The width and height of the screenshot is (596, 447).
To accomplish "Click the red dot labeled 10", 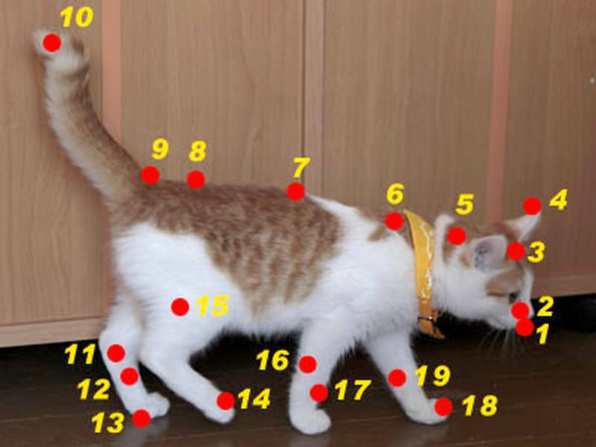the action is coord(51,42).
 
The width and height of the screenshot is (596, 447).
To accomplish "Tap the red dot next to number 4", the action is coord(532,206).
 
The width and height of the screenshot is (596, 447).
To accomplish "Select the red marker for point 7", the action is coord(295,191).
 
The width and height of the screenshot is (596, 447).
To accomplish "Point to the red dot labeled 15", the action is coord(180,307).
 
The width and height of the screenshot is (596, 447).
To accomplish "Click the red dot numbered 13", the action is coord(142,419).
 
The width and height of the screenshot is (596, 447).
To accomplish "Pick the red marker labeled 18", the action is coord(443,407).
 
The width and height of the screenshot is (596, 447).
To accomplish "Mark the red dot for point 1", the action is coord(524,327).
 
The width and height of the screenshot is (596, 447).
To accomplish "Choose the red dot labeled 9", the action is coord(150,175).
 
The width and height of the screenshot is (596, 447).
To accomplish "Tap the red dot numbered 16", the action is coord(308,364).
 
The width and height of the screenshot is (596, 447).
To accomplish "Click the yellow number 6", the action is coord(395,194).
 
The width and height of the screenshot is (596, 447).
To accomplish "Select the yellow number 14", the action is coord(254,399).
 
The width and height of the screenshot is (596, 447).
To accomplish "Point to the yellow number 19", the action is coord(433,375).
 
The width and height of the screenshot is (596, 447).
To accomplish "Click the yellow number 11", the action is coord(80,355).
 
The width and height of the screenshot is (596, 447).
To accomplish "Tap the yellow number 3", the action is coord(536,253).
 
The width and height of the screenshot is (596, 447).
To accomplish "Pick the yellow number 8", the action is coord(197,151).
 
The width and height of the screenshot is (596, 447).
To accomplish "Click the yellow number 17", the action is coord(352,390).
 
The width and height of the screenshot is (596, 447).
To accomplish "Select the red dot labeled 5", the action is coord(456,235).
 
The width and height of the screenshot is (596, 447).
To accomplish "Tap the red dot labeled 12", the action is coord(129,376).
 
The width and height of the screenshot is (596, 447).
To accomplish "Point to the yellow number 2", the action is coord(545,306).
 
